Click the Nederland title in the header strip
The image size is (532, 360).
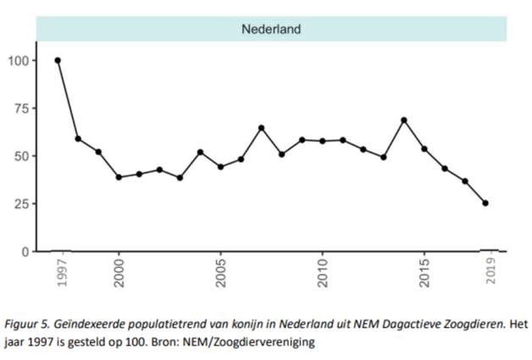[x=271, y=29]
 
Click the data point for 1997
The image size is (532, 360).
[x=58, y=60]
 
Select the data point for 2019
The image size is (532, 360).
[x=485, y=203]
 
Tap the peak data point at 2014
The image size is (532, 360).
[x=404, y=120]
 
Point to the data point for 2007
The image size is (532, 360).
[x=261, y=128]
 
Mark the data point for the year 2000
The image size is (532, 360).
[x=119, y=177]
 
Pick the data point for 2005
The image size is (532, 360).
[x=220, y=167]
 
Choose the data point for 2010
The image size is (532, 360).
[x=322, y=141]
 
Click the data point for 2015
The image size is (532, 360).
[x=424, y=149]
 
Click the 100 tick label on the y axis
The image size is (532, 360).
[x=17, y=61]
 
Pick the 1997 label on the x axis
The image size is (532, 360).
[x=59, y=273]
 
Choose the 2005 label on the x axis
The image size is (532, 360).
[x=221, y=273]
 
